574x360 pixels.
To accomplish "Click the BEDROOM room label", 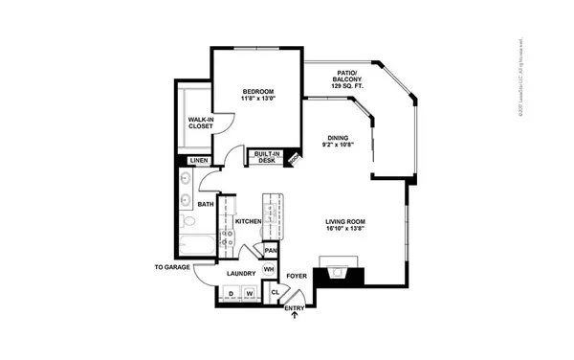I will click(257, 96).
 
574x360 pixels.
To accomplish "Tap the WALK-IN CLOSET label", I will click(200, 124).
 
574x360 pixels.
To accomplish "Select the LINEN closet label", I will click(198, 161).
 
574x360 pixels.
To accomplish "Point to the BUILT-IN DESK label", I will click(267, 158).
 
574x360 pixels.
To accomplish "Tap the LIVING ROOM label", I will click(344, 226).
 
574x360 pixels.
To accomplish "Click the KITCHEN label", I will click(248, 222).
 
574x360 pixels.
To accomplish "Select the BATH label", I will click(205, 205).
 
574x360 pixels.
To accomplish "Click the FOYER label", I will click(297, 276).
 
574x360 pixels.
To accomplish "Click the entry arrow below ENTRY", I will click(295, 317).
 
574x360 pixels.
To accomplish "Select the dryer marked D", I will click(230, 292).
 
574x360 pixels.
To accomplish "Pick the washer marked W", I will click(249, 292).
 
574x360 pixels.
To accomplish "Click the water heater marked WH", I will click(269, 270).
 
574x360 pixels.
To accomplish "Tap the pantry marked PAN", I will click(271, 250).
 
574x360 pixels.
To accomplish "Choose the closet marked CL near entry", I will click(276, 292).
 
